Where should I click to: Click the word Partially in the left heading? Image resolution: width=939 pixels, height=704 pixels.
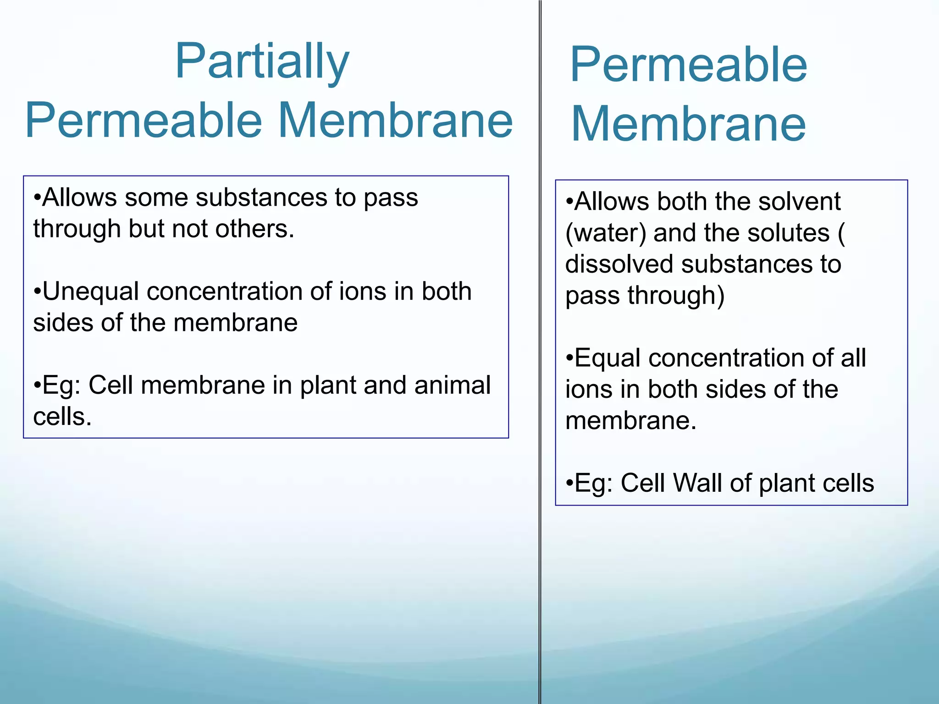[x=262, y=62]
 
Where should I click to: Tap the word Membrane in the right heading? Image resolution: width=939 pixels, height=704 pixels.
[x=688, y=124]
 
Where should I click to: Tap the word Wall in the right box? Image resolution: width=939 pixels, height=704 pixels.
[x=697, y=483]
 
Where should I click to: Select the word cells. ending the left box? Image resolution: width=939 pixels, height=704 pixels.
[x=62, y=417]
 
